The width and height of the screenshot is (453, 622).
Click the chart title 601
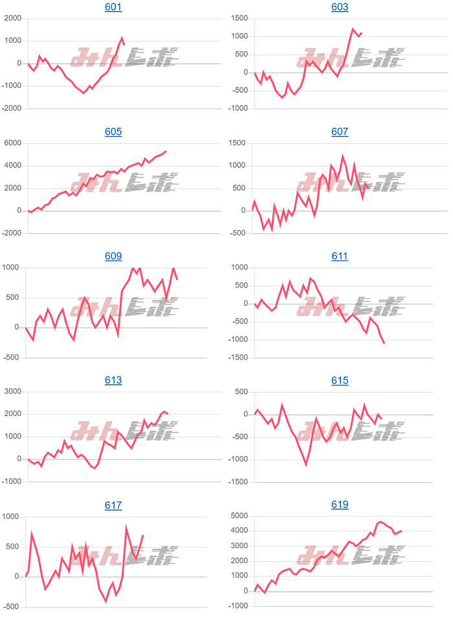113,7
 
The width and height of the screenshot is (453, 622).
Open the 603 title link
340,7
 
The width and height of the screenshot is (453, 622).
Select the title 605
113,132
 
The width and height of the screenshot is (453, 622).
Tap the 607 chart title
340,132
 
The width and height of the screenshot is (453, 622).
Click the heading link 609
113,256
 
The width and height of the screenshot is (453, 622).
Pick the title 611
340,256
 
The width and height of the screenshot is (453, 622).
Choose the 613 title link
113,380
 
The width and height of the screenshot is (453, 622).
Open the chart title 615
340,380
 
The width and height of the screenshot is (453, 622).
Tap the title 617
113,505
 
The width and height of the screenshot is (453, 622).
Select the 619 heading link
340,505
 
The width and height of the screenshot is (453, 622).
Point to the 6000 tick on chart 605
13,143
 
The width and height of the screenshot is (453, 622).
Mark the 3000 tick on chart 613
13,392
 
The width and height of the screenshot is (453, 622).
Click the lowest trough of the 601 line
83,93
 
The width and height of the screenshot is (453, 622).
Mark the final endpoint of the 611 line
384,343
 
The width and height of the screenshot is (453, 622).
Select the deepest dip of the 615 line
306,465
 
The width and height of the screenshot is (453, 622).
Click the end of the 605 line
166,151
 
